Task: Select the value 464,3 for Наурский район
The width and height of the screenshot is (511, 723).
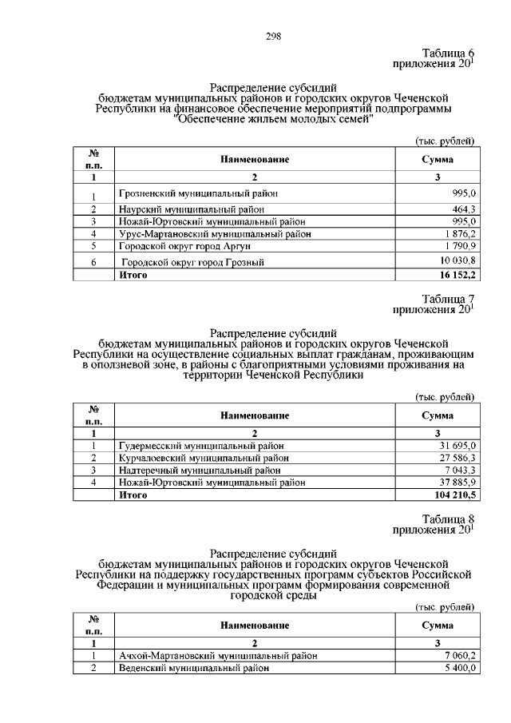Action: point(461,209)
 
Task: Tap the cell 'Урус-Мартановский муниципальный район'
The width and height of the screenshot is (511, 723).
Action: point(214,234)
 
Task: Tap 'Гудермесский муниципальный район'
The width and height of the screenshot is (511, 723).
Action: point(201,445)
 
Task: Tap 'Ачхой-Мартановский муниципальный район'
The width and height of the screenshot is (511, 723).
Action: point(216,656)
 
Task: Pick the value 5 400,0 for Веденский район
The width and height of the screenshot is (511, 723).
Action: point(459,669)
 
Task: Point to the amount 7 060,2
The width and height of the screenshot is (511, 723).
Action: point(459,656)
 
